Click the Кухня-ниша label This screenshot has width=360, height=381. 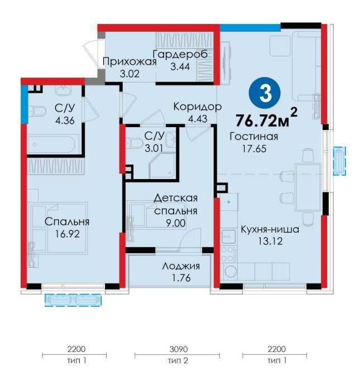coord(270,229)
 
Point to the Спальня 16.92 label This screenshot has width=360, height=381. coord(67,227)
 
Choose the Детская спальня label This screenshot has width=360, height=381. coord(176,205)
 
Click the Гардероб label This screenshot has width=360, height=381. coord(180,55)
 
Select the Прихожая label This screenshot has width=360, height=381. coord(128,61)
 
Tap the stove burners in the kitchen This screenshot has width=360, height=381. coord(228,255)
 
